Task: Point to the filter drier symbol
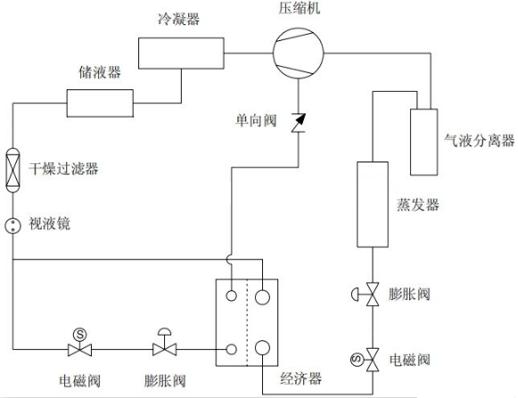tap(12, 167)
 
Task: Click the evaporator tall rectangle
tap(371, 204)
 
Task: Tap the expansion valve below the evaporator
tap(372, 295)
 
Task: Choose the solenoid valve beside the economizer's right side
tap(370, 359)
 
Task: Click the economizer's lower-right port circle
tap(264, 348)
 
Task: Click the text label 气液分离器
tap(480, 140)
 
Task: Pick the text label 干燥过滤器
tap(62, 168)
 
